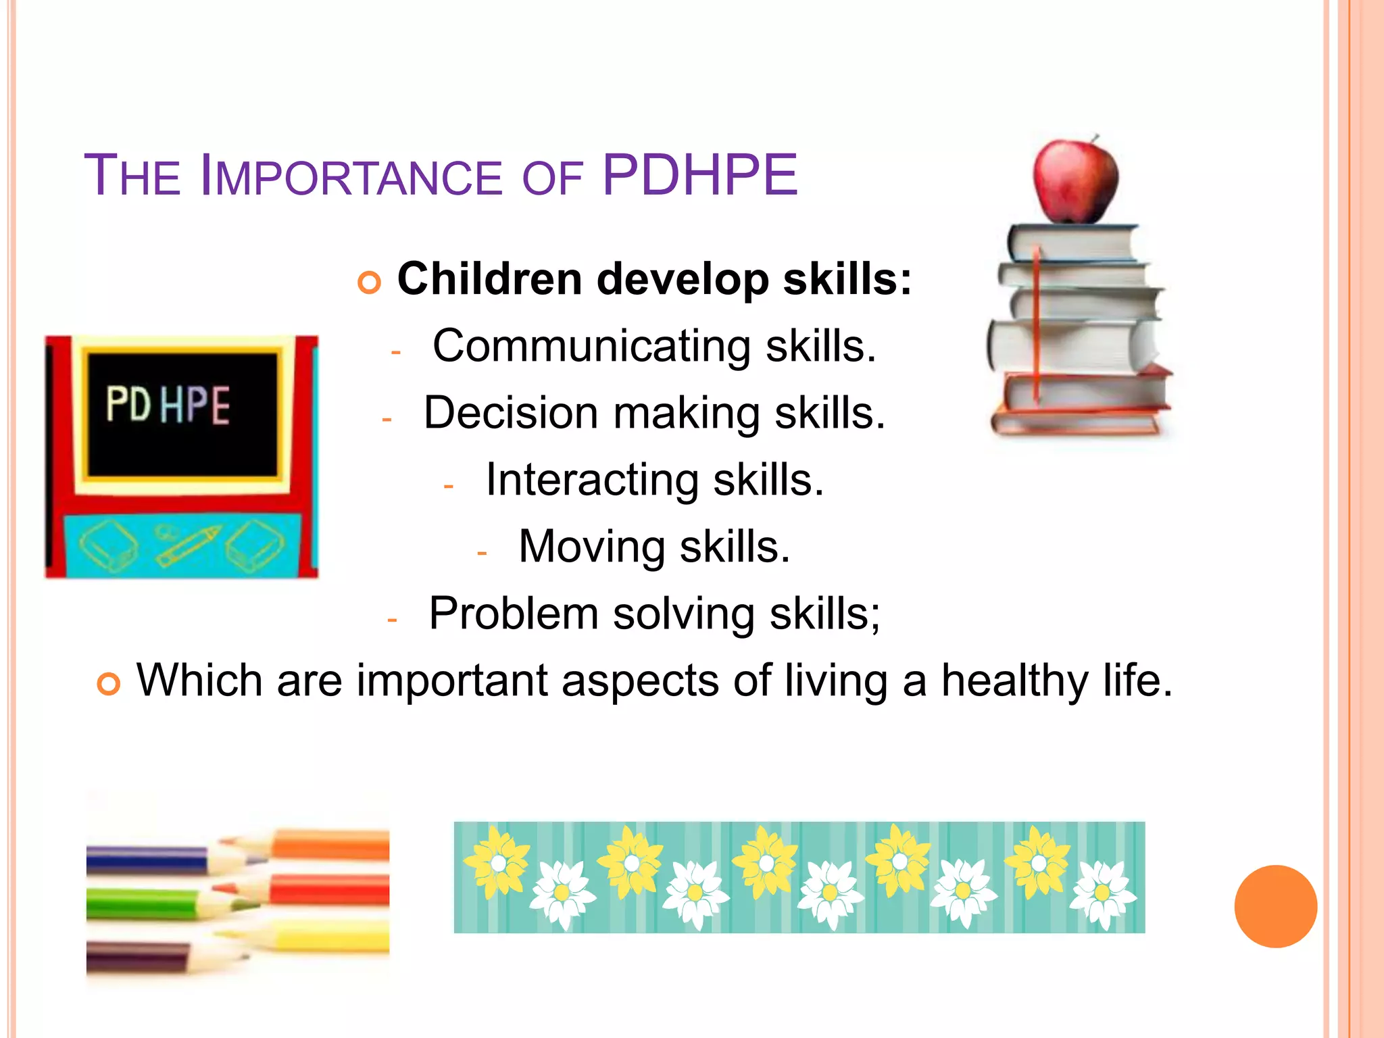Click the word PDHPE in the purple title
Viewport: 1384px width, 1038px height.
pyautogui.click(x=699, y=176)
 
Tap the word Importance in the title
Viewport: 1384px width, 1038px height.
pyautogui.click(x=351, y=177)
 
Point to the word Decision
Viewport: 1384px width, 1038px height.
pyautogui.click(x=511, y=413)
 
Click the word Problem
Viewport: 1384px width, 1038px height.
pyautogui.click(x=514, y=614)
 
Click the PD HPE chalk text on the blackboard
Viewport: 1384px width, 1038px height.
pyautogui.click(x=168, y=405)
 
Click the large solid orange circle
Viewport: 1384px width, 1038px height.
pyautogui.click(x=1275, y=906)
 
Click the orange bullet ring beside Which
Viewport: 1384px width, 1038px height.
pyautogui.click(x=108, y=685)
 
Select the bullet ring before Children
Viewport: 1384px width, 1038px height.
pyautogui.click(x=369, y=282)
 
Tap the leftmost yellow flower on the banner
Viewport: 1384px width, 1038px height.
pyautogui.click(x=497, y=862)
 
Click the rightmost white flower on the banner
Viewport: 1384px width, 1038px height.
pyautogui.click(x=1102, y=893)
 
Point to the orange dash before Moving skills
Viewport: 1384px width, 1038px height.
pyautogui.click(x=482, y=553)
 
